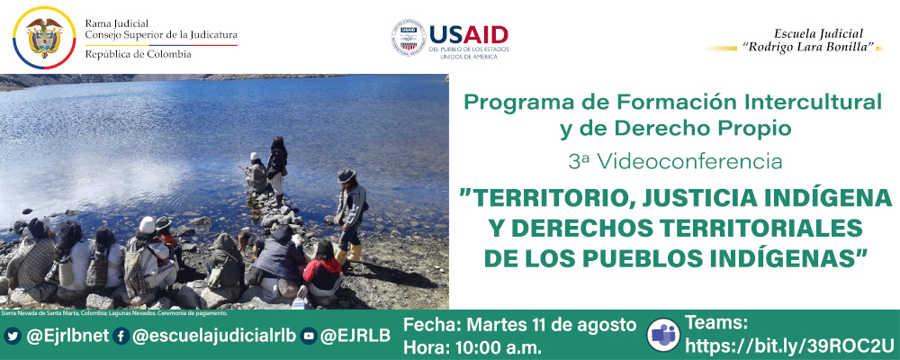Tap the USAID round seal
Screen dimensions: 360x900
coord(409,38)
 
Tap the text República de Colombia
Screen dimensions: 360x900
coord(138,55)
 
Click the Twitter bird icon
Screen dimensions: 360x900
coord(13,336)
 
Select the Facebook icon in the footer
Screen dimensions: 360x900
coord(121,336)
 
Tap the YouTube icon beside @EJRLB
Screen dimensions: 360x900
coord(309,336)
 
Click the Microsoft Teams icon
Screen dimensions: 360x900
coord(663,334)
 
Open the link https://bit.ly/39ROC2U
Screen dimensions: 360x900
coord(790,346)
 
